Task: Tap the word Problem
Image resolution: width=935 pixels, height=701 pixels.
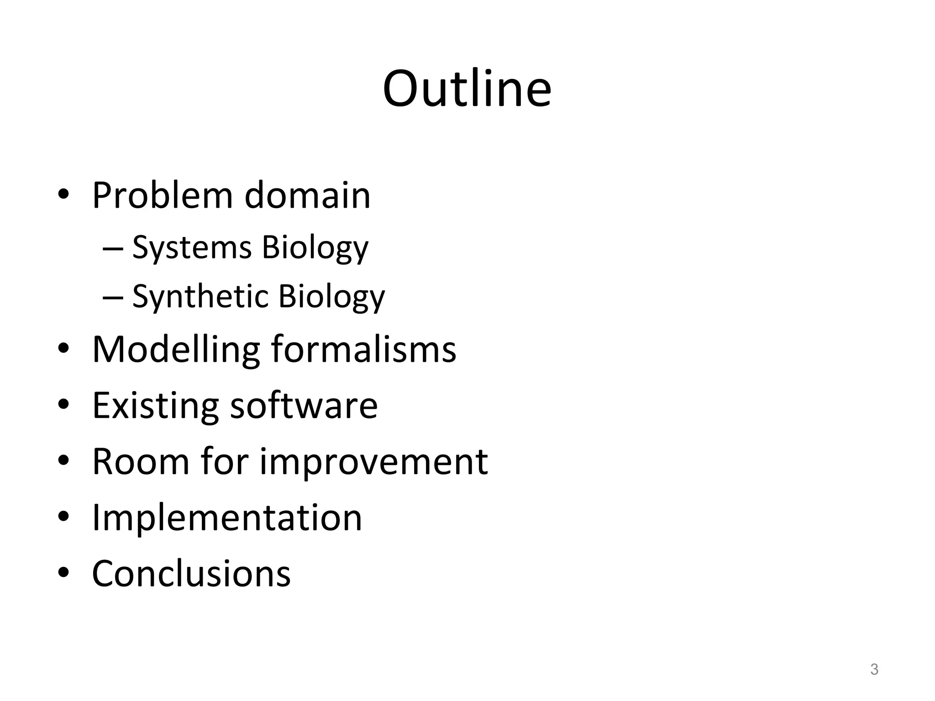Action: pos(162,195)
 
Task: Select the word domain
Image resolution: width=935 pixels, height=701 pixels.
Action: pos(307,195)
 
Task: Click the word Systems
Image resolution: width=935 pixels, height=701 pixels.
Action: pos(192,248)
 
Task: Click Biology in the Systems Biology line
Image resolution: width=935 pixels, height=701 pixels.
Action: pos(315,248)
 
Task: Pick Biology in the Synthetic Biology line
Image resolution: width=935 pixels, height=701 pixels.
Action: pos(331,297)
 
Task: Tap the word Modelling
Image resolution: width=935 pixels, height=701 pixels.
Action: pos(176,350)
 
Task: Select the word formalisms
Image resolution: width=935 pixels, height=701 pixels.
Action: pos(364,350)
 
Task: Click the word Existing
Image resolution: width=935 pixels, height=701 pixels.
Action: pos(155,405)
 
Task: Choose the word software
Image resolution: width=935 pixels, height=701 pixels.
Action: pos(304,405)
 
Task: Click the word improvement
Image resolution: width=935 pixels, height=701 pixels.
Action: pos(374,461)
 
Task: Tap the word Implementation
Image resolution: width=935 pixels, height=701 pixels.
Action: pos(227,518)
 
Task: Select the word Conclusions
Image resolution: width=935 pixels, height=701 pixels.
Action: pos(191,574)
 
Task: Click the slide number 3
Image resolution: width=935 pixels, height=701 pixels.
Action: pos(874,670)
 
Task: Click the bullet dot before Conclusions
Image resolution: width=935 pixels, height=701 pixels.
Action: pos(63,572)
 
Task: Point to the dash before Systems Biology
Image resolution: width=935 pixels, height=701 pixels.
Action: pos(113,249)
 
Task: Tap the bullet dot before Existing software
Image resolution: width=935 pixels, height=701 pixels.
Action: pos(63,404)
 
